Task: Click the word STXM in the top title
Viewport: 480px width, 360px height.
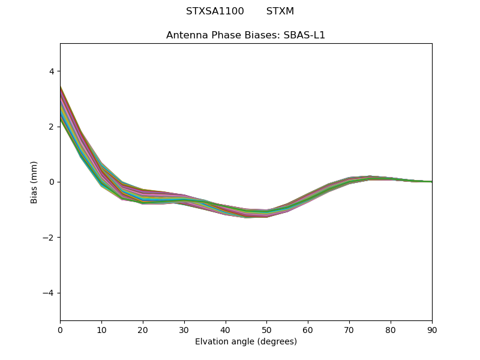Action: [280, 11]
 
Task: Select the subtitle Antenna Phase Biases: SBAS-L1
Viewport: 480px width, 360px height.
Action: [245, 35]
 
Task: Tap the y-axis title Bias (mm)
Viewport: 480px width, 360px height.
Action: [34, 182]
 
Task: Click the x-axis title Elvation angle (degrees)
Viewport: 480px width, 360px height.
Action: [245, 342]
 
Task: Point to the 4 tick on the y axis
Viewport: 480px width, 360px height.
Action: [52, 71]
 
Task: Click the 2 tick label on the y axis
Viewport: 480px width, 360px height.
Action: [52, 127]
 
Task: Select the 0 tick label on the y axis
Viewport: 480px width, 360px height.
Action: [52, 182]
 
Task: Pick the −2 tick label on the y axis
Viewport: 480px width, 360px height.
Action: [49, 238]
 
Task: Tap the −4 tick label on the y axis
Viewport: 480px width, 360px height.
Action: [49, 293]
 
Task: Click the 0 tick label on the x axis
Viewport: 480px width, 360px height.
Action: [60, 329]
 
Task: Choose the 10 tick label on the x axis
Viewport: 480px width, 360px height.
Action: [101, 329]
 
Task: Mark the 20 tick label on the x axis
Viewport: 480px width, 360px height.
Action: [143, 329]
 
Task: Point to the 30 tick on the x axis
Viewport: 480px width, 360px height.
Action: [184, 329]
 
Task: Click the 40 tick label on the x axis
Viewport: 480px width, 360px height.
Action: [226, 329]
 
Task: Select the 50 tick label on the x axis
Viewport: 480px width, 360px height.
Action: [266, 329]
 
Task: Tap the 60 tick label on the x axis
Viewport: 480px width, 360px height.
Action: [308, 329]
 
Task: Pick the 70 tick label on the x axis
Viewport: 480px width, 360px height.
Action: [349, 329]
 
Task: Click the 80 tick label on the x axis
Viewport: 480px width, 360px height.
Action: [391, 329]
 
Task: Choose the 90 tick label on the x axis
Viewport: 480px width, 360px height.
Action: [432, 329]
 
